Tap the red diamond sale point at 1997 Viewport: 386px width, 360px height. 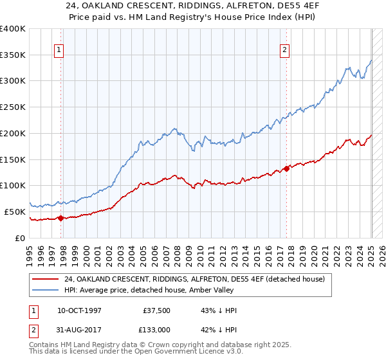(x=61, y=218)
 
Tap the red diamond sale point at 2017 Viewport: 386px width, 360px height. (x=287, y=168)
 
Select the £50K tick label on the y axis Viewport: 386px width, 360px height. (x=15, y=212)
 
